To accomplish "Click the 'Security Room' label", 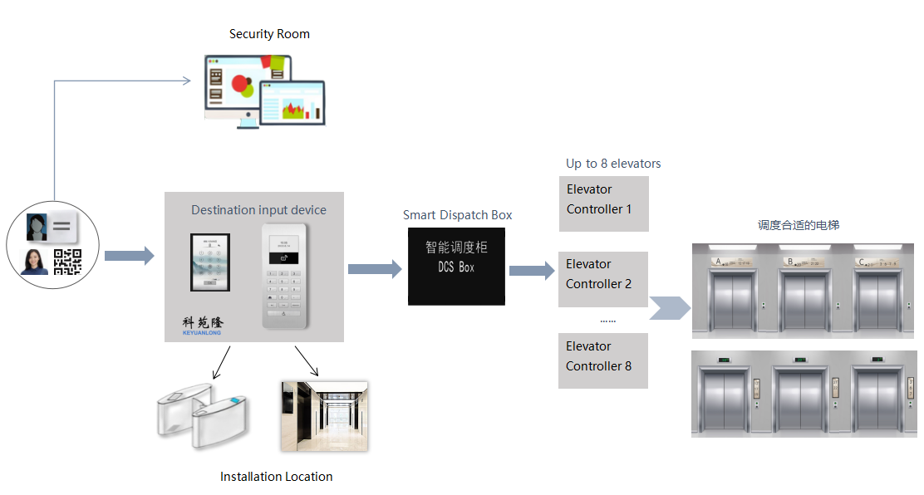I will click(x=269, y=34).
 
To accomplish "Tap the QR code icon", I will click(x=67, y=262).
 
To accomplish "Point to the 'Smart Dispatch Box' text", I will click(x=457, y=215).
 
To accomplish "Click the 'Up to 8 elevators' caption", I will click(x=613, y=164).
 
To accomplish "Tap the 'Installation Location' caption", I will click(x=276, y=477).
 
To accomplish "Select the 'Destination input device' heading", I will click(x=258, y=210).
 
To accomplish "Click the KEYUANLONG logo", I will click(x=203, y=326).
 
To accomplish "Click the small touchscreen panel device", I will click(x=209, y=262).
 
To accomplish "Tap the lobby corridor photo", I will click(x=324, y=416).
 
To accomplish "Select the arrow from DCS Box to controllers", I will click(x=531, y=270).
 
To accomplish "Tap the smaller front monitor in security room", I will click(x=292, y=102).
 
